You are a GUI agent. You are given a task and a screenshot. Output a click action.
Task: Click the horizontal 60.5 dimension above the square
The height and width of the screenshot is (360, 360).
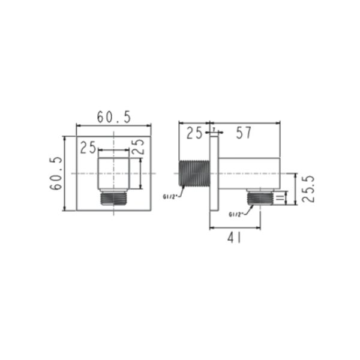(x=114, y=117)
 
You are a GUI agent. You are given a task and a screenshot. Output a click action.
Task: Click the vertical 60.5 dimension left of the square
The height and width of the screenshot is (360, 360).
(x=56, y=173)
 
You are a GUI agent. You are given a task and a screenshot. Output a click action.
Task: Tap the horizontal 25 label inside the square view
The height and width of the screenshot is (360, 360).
(x=89, y=146)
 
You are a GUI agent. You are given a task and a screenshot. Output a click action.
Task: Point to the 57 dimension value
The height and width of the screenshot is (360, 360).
(x=243, y=133)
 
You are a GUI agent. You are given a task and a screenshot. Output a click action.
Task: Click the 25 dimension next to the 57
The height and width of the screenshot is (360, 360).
(x=194, y=133)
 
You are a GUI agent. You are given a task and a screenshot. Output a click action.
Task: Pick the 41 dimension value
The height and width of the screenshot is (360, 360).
(x=235, y=238)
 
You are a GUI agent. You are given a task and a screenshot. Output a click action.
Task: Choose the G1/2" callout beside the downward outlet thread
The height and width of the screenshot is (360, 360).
(x=236, y=214)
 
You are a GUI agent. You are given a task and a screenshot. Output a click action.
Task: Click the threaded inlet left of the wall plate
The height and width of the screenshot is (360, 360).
(x=194, y=173)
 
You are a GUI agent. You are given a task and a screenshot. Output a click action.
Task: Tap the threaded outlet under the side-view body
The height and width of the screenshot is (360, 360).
(x=259, y=197)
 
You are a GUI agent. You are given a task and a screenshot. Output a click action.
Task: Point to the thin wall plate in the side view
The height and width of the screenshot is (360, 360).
(x=212, y=173)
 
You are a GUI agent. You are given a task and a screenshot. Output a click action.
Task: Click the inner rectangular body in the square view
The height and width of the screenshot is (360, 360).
(x=113, y=174)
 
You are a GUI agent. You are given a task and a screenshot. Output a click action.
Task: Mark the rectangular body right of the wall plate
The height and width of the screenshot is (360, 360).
(x=248, y=173)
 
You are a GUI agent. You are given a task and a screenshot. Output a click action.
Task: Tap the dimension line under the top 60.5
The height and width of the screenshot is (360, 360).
(x=114, y=125)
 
